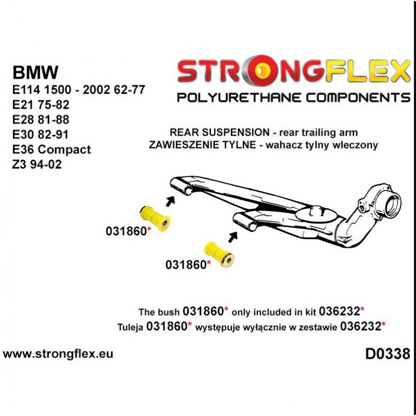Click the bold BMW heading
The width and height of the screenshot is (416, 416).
(36, 72)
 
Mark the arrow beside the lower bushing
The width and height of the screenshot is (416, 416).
(232, 237)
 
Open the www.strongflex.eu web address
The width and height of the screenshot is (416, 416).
(58, 354)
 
